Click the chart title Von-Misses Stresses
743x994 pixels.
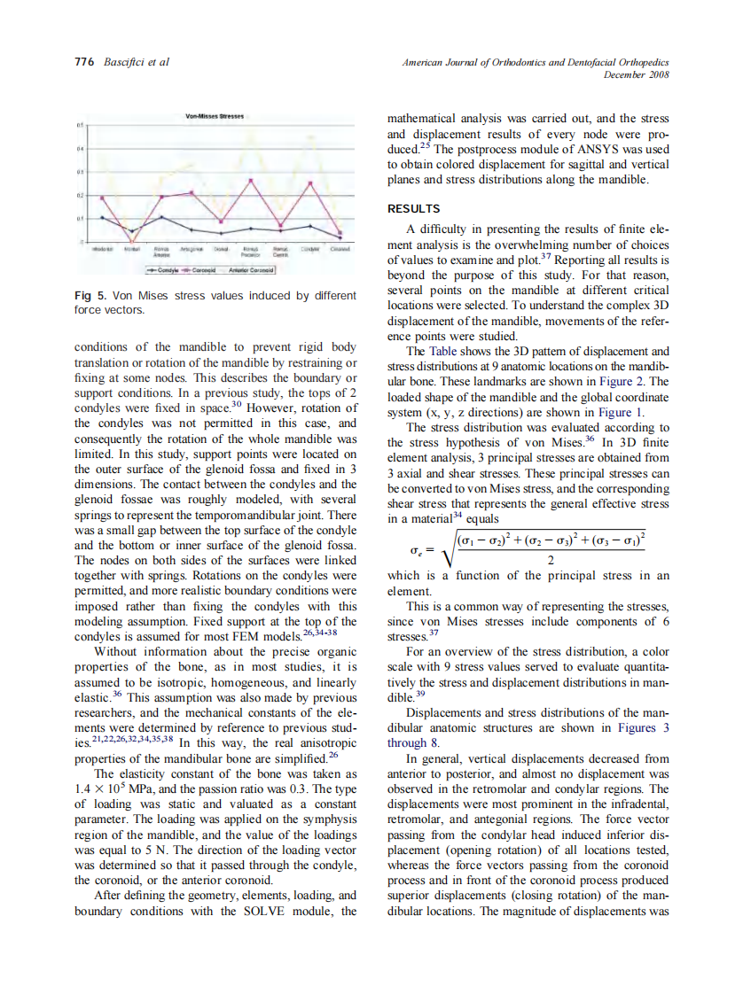coord(215,117)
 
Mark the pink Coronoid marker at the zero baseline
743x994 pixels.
coord(132,240)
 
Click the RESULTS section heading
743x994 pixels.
coord(413,209)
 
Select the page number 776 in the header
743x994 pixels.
coord(82,63)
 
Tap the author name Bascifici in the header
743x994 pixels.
coord(123,63)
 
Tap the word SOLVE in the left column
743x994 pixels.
coord(268,912)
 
